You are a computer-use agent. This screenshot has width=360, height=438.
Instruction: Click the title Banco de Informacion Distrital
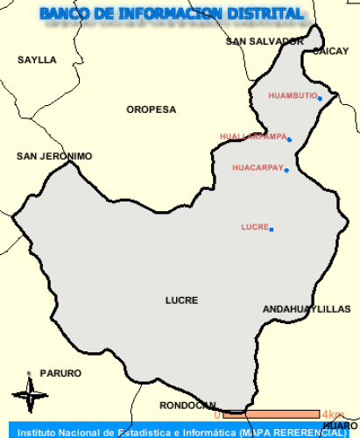coord(172,14)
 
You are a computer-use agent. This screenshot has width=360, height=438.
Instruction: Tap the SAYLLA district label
coord(37,60)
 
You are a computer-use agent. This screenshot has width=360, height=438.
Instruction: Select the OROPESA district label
coord(151,109)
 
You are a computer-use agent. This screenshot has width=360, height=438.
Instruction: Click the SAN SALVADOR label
coord(265,41)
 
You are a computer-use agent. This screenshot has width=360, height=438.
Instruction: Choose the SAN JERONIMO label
coord(54,156)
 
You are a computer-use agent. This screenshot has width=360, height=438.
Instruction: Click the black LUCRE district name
coord(181,300)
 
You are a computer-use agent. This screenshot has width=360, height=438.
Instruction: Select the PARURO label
coord(60,372)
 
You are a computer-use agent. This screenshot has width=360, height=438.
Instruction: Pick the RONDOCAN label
coord(187,405)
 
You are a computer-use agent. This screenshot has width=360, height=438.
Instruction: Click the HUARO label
coord(340,426)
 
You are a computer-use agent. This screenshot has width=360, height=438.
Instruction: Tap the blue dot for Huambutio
coord(321,98)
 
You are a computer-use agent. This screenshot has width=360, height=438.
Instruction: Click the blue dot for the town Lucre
coord(272,230)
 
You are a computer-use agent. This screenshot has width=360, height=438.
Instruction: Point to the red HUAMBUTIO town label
coord(292,95)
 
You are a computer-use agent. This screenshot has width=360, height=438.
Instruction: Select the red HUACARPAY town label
coord(258,166)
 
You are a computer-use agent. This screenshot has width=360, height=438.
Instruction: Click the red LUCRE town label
coord(254,227)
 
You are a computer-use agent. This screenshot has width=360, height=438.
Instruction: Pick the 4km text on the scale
coord(332,414)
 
